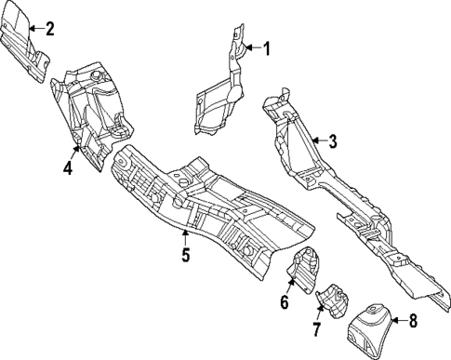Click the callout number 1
click(x=266, y=48)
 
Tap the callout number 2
click(x=49, y=28)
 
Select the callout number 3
click(x=332, y=141)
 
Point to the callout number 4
click(x=67, y=168)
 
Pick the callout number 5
click(x=185, y=255)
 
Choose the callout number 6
click(x=285, y=301)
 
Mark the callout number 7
click(x=316, y=330)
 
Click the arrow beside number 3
click(x=316, y=141)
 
